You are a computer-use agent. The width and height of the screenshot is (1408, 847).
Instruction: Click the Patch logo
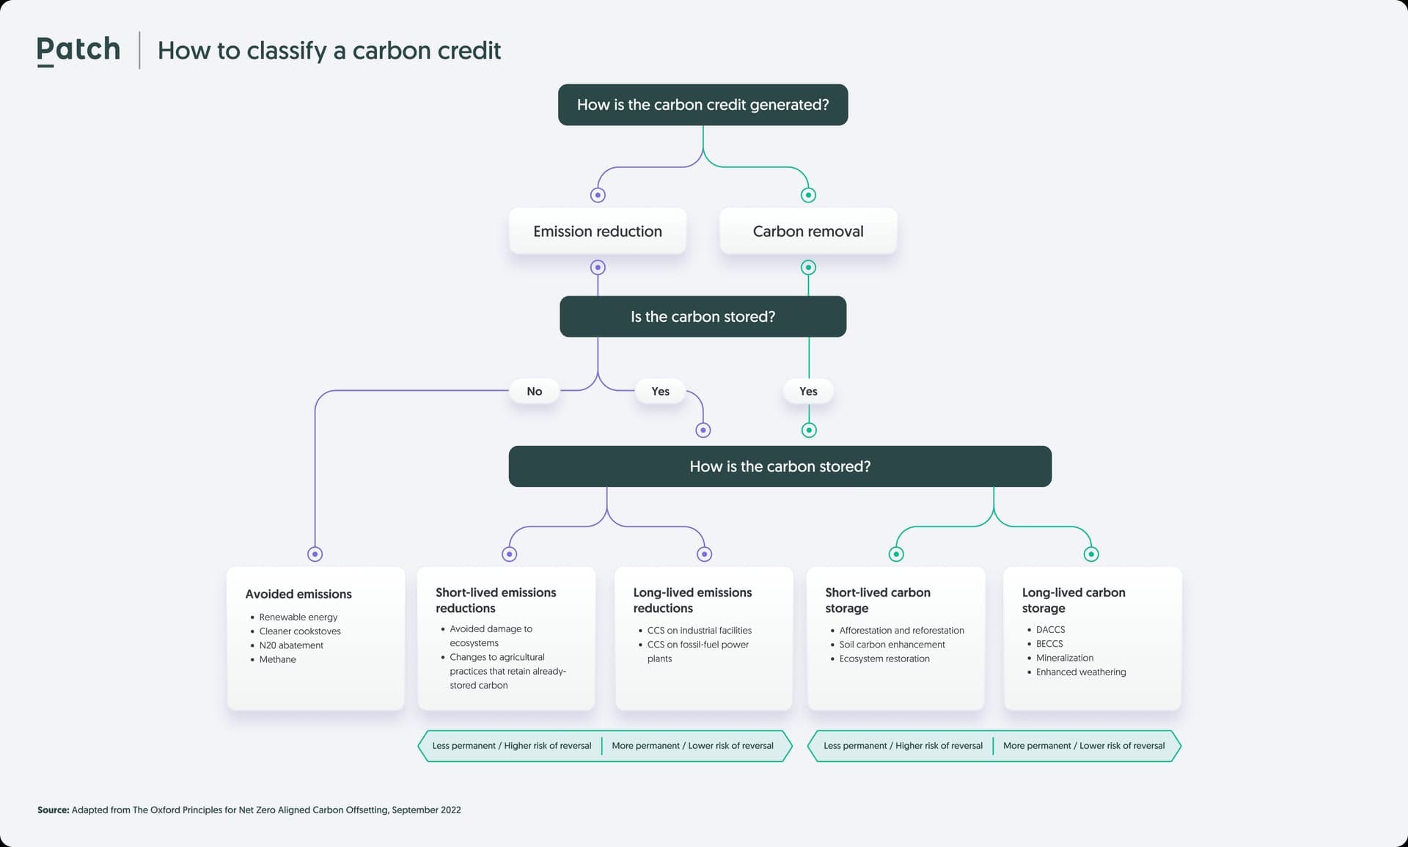tap(78, 50)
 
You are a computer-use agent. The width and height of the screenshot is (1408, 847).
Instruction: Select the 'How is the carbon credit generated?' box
tap(703, 105)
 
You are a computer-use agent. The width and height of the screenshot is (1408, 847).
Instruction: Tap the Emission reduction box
tap(598, 231)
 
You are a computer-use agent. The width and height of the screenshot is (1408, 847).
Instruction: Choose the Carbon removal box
tap(808, 231)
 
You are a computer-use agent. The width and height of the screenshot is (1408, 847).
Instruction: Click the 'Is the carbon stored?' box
tap(703, 317)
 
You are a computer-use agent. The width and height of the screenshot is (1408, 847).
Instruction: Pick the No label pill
tap(535, 392)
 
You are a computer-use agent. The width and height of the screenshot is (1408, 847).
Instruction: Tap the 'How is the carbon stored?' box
tap(780, 466)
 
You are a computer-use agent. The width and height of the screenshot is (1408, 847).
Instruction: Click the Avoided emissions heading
tap(298, 594)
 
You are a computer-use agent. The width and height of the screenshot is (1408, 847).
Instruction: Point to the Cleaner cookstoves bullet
tap(300, 631)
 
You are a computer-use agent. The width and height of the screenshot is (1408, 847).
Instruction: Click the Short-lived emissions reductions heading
tap(496, 600)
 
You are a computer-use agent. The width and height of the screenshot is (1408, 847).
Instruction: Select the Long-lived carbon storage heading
tap(1074, 600)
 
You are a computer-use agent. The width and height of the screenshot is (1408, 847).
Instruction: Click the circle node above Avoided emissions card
tap(315, 554)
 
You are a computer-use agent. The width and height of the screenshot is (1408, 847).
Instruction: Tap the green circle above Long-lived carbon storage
tap(1091, 554)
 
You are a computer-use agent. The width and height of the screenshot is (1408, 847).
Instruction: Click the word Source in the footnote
tap(53, 810)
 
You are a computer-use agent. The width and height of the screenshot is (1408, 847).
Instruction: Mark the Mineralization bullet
tap(1065, 658)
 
